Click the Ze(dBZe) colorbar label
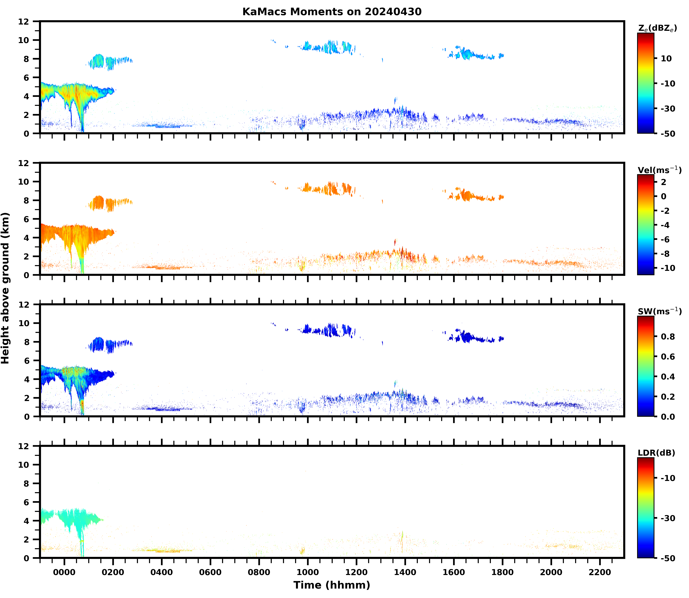[x=657, y=28]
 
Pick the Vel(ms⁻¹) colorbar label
[x=659, y=170]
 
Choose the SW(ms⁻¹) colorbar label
[x=659, y=311]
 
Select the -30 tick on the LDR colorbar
[x=668, y=518]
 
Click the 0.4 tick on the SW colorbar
[x=668, y=377]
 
